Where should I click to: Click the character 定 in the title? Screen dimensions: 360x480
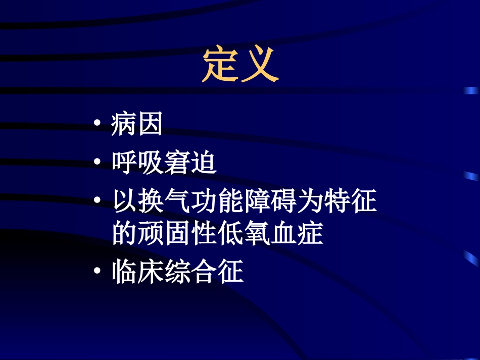[221, 65]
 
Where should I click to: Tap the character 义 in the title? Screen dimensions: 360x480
[260, 65]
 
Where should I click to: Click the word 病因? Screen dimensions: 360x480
[137, 125]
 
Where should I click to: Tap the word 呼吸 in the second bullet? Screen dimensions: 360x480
[137, 164]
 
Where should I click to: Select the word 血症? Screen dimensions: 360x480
[297, 234]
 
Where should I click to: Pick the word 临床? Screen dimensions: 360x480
[137, 273]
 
